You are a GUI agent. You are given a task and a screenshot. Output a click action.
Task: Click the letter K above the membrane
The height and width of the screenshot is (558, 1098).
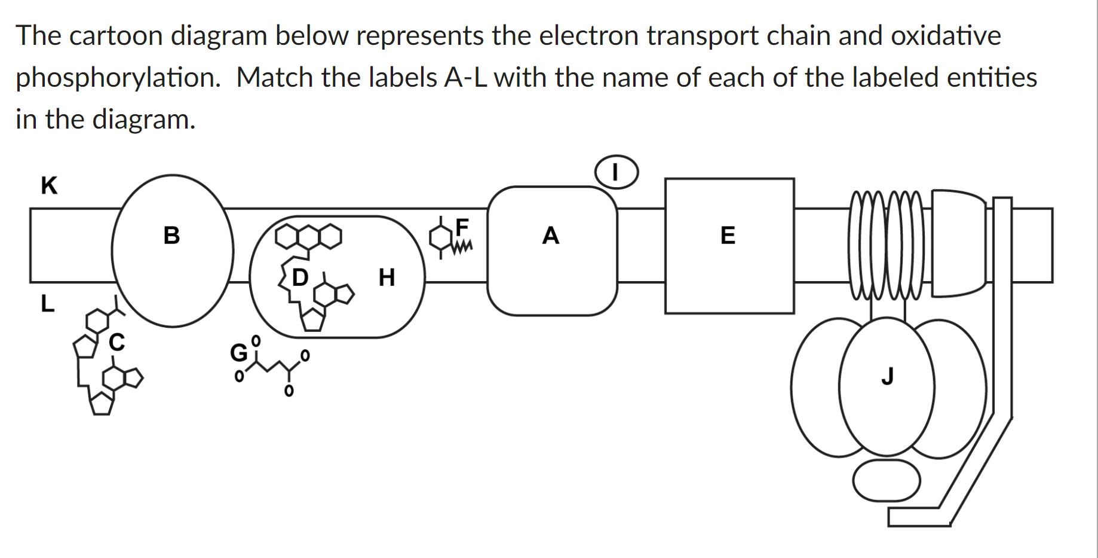49,185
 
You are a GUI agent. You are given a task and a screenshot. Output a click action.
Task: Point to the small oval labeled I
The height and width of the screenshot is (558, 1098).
616,172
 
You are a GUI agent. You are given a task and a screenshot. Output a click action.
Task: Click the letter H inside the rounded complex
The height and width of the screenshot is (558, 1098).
387,278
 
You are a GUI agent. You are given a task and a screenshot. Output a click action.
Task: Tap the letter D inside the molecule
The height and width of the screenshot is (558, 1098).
300,278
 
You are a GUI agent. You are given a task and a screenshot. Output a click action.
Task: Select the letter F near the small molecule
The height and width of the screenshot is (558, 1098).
462,227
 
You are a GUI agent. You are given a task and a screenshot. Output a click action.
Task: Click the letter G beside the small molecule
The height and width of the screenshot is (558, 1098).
238,353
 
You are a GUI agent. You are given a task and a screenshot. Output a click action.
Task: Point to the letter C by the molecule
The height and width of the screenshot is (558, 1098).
117,342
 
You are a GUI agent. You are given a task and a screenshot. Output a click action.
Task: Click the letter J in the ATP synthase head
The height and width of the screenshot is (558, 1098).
887,377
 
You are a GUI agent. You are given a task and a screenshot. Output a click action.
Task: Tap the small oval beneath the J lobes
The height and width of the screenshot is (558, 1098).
886,480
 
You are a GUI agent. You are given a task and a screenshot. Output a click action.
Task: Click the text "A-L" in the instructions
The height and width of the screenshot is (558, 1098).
465,77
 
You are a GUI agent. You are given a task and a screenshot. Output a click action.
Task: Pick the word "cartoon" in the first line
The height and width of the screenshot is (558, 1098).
116,35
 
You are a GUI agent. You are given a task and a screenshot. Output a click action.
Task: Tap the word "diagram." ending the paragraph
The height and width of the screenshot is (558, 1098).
143,119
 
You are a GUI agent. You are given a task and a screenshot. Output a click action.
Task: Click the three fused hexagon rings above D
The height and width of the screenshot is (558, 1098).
308,237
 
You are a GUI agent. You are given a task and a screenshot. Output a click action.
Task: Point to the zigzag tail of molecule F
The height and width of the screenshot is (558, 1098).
463,246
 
